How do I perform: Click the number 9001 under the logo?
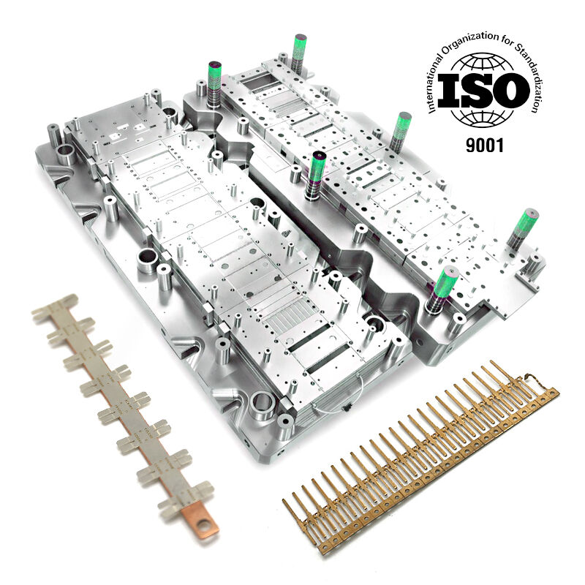[485, 145]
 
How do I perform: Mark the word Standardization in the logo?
[531, 75]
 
